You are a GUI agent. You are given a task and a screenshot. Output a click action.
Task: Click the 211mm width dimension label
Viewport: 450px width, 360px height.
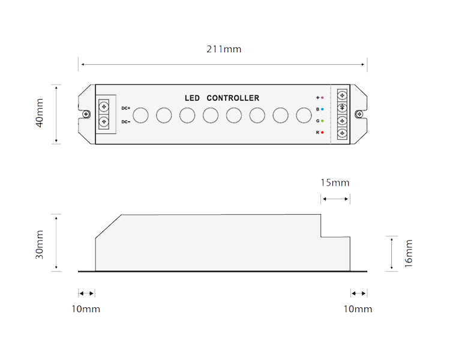[x=224, y=49]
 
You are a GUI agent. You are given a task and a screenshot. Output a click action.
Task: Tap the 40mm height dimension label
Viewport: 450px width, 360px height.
[x=40, y=113]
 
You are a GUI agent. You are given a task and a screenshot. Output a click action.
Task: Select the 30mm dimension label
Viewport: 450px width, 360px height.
[x=40, y=245]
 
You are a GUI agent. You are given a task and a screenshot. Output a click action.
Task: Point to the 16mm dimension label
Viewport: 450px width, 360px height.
[x=409, y=253]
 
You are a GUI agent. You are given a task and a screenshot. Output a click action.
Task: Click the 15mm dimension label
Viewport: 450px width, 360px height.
[x=335, y=183]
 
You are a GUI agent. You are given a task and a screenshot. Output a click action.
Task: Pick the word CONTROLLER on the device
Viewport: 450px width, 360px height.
[x=233, y=98]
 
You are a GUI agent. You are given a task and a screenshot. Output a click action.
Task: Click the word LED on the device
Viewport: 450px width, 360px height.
[x=192, y=98]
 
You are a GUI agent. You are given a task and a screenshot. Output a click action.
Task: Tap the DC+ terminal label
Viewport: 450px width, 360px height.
[x=126, y=108]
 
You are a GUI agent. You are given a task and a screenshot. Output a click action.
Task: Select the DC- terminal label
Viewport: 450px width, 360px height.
[x=126, y=122]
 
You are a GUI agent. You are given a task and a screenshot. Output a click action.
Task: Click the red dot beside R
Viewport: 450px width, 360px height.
[x=322, y=133]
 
